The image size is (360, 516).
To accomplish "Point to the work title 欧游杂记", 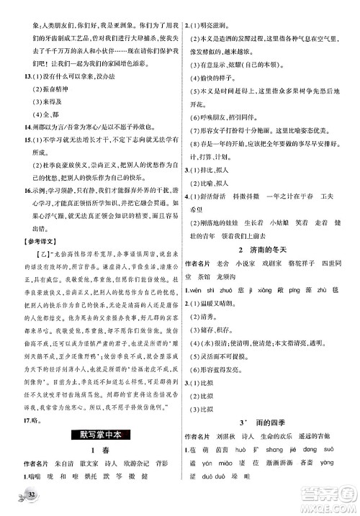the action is [143, 463].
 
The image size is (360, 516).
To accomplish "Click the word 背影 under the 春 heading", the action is [172, 463].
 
